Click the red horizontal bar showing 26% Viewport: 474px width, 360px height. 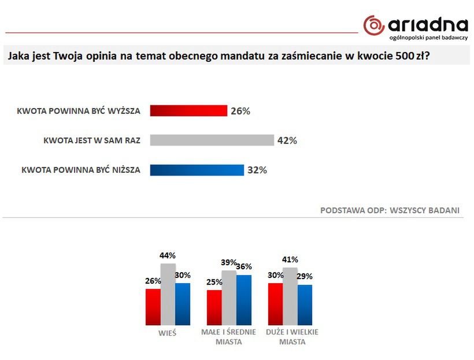click(x=188, y=111)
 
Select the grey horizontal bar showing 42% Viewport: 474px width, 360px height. click(x=212, y=140)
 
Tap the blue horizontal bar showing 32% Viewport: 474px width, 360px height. click(x=197, y=170)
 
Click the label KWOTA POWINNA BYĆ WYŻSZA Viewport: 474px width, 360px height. click(x=79, y=111)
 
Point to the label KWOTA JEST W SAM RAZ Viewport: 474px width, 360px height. click(x=92, y=140)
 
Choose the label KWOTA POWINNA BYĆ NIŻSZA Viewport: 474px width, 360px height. click(x=81, y=170)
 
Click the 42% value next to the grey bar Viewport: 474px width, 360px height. click(x=287, y=140)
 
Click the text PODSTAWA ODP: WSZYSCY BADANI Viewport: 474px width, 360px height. click(x=390, y=210)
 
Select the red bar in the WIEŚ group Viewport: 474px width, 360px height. click(x=153, y=307)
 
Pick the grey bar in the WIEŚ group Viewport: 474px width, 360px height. click(x=168, y=295)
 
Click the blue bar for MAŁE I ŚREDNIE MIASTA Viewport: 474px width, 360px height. click(x=244, y=300)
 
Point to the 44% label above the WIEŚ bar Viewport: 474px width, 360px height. click(x=168, y=255)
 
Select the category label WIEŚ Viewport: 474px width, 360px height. click(x=168, y=333)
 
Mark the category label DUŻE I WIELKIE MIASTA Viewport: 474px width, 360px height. click(x=291, y=337)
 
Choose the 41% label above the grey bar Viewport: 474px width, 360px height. click(x=290, y=259)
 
